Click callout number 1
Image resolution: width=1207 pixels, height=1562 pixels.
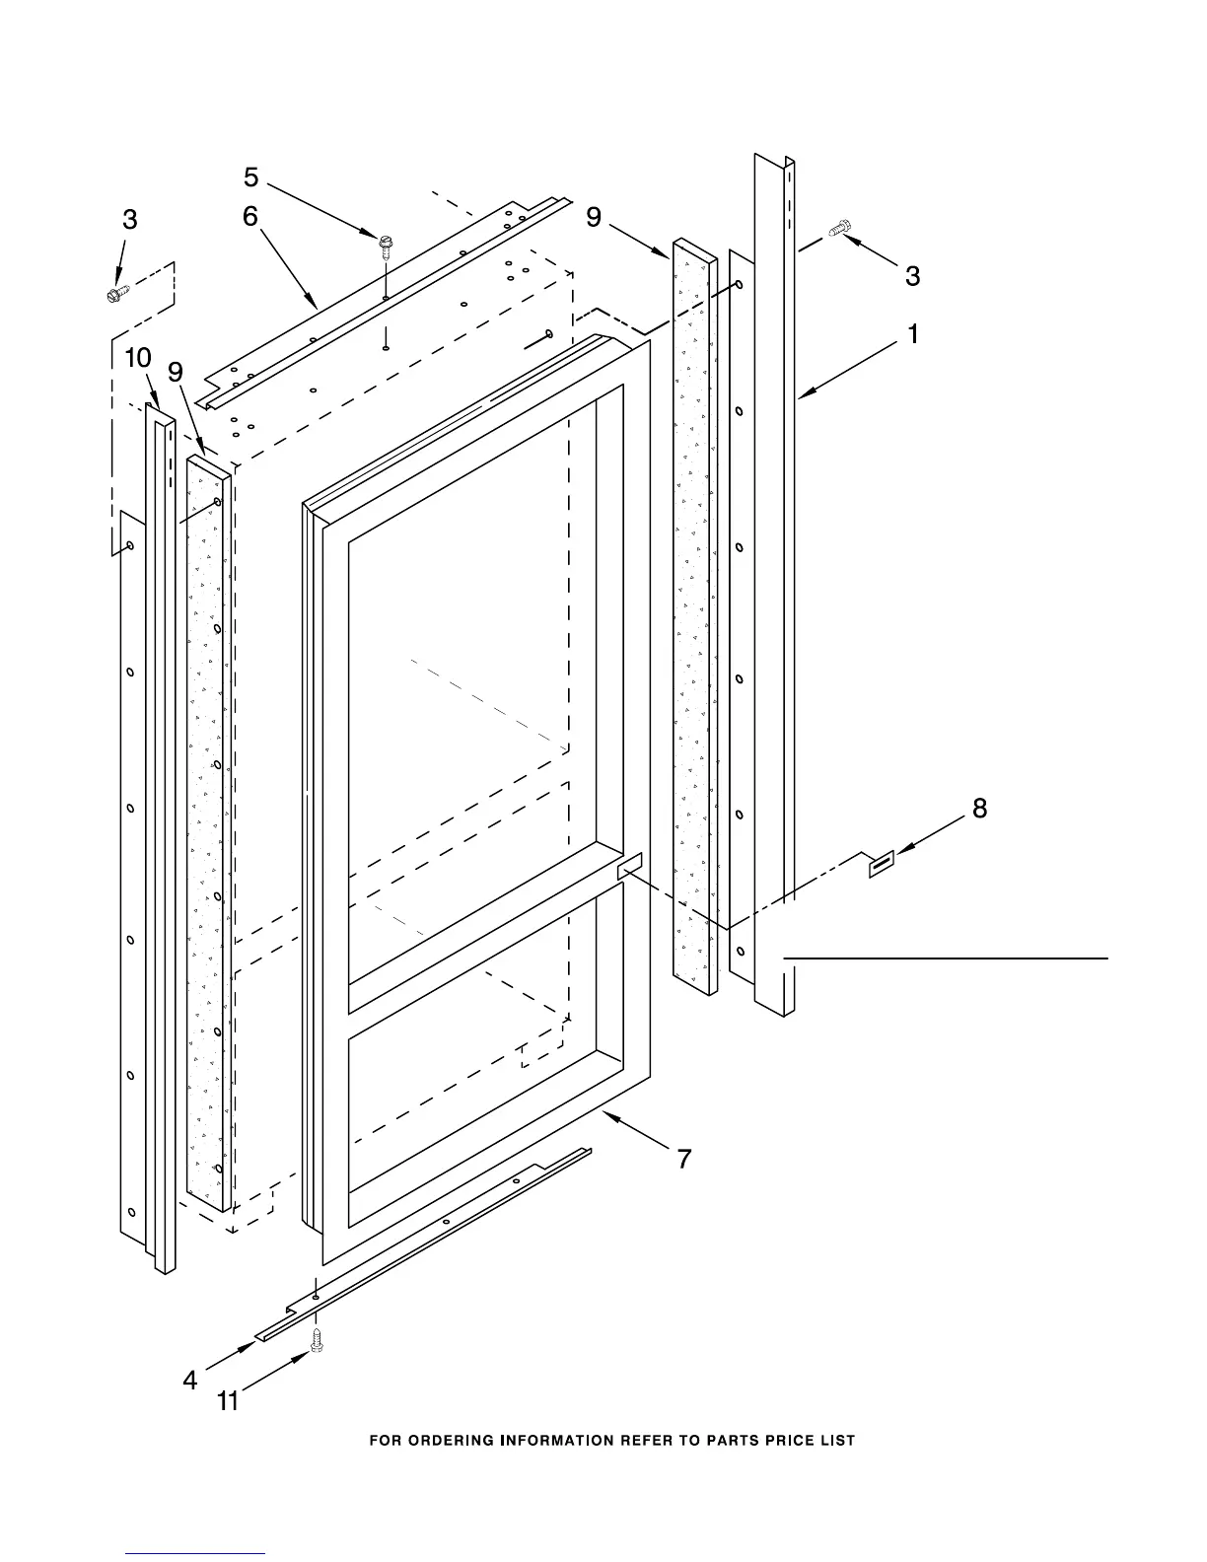tap(913, 335)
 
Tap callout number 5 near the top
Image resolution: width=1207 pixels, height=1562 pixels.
tap(251, 177)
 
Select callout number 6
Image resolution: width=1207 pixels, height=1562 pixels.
tap(250, 216)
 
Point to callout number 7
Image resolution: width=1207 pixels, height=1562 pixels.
tap(683, 1159)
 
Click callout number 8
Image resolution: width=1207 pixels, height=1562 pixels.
tap(979, 809)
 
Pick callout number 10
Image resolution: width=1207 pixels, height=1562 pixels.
tap(138, 359)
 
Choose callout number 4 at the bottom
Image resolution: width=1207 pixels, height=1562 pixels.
tap(190, 1381)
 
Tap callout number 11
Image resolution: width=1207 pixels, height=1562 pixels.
tap(228, 1400)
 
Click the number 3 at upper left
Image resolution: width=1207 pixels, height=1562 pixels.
tap(130, 220)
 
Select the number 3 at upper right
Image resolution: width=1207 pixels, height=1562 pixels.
tap(912, 276)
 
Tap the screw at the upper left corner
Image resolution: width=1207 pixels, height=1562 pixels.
tap(115, 293)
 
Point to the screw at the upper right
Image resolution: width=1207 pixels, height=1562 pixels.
tap(839, 229)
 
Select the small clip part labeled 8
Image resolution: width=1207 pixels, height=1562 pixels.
tap(881, 864)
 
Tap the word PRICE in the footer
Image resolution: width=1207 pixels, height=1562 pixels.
tap(784, 1441)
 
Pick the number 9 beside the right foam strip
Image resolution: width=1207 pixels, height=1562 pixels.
tap(594, 217)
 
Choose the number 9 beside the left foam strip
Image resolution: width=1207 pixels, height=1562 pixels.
tap(176, 372)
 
